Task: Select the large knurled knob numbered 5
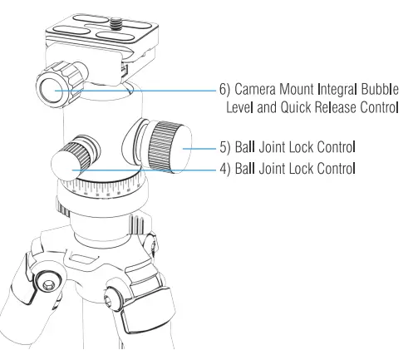coord(170,147)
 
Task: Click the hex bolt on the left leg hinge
coord(52,286)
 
